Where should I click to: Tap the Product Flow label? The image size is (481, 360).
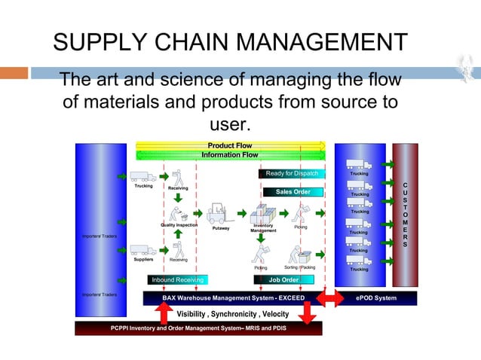coord(229,145)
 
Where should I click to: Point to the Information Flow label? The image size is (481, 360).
coord(229,155)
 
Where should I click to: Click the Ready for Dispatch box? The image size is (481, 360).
coord(291,174)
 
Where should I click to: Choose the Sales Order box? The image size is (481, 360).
coord(293,192)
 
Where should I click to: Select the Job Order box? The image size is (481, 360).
coord(283,279)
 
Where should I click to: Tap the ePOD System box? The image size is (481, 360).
coord(375,298)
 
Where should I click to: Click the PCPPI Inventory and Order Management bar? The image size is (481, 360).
coord(198,328)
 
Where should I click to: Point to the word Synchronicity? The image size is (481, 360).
coord(230,313)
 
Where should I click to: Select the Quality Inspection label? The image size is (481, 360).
coord(179,224)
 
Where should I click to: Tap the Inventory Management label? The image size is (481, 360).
coord(263,227)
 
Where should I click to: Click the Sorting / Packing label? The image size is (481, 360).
coord(299,267)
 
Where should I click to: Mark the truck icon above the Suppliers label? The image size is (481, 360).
coord(143,250)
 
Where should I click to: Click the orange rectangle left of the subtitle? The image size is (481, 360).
coord(14,73)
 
